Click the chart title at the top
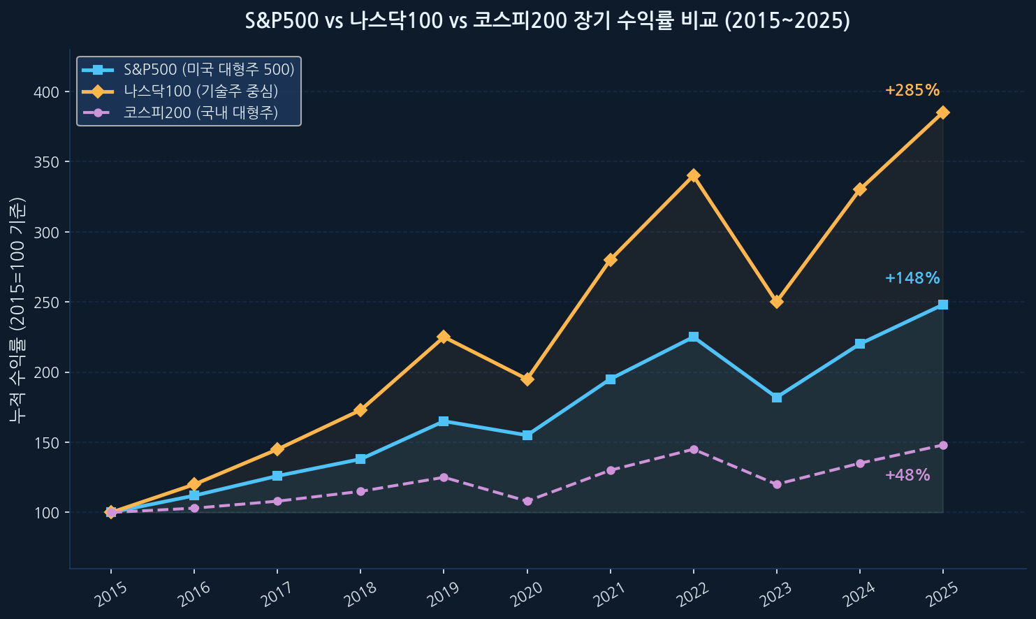click(x=548, y=21)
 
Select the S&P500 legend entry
click(x=209, y=70)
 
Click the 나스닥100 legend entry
click(x=200, y=91)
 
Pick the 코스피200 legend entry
click(x=200, y=112)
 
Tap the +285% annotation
click(x=912, y=91)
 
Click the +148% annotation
click(x=912, y=278)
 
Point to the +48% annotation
click(x=907, y=476)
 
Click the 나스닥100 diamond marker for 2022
click(x=693, y=175)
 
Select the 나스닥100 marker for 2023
click(x=776, y=302)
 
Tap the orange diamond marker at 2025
click(x=942, y=112)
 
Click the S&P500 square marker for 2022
click(x=693, y=337)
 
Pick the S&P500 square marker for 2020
click(x=527, y=435)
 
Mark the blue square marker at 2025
click(x=942, y=305)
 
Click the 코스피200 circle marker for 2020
click(x=527, y=501)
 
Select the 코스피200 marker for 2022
click(x=693, y=449)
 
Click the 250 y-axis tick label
click(x=49, y=303)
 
